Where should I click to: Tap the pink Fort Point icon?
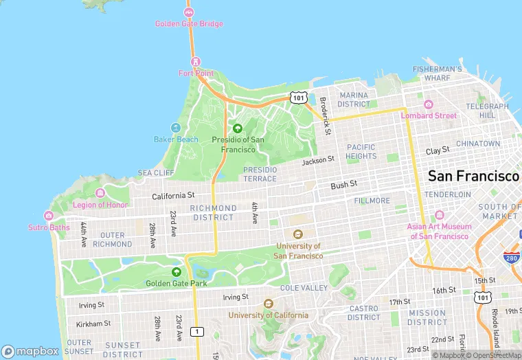pyautogui.click(x=196, y=62)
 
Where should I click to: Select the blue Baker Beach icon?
pyautogui.click(x=176, y=128)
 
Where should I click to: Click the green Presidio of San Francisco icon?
pyautogui.click(x=238, y=128)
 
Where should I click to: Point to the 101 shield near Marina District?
pyautogui.click(x=297, y=98)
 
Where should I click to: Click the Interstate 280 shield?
pyautogui.click(x=510, y=258)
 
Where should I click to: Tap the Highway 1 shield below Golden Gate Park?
pyautogui.click(x=198, y=332)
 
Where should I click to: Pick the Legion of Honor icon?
pyautogui.click(x=100, y=193)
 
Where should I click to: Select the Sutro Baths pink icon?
pyautogui.click(x=49, y=216)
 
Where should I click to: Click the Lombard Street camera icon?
pyautogui.click(x=429, y=104)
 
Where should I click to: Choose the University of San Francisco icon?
pyautogui.click(x=297, y=234)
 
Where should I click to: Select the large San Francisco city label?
pyautogui.click(x=473, y=176)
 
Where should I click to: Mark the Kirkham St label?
pyautogui.click(x=93, y=324)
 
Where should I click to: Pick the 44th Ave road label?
pyautogui.click(x=84, y=234)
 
